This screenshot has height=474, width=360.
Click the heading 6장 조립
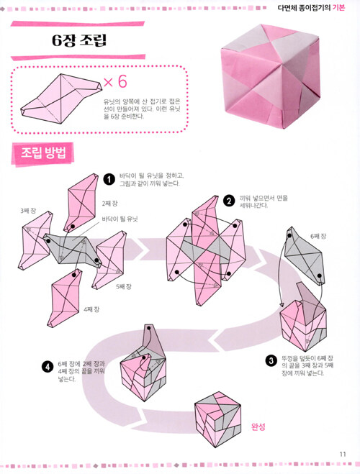pyautogui.click(x=79, y=40)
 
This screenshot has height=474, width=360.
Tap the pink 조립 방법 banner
pyautogui.click(x=42, y=154)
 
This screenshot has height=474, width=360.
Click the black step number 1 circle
pyautogui.click(x=109, y=180)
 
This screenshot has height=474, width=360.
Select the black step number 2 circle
pyautogui.click(x=229, y=201)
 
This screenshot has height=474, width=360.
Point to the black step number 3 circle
pyautogui.click(x=271, y=360)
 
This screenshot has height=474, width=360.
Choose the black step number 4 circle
pyautogui.click(x=48, y=367)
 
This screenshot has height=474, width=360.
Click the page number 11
pyautogui.click(x=343, y=455)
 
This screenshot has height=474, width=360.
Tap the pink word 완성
pyautogui.click(x=258, y=427)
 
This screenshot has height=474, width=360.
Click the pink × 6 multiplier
pyautogui.click(x=115, y=81)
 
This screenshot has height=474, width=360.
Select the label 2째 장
pyautogui.click(x=109, y=204)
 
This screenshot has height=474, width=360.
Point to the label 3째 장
pyautogui.click(x=28, y=211)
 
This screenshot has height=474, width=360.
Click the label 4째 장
pyautogui.click(x=91, y=309)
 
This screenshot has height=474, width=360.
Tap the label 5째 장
pyautogui.click(x=124, y=286)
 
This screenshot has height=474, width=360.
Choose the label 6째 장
pyautogui.click(x=318, y=236)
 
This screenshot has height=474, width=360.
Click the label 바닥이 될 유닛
pyautogui.click(x=120, y=219)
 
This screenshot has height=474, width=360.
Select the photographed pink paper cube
pyautogui.click(x=270, y=76)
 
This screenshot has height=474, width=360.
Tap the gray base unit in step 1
pyautogui.click(x=73, y=250)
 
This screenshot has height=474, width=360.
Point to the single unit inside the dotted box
pyautogui.click(x=61, y=99)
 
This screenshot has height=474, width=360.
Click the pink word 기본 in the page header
pyautogui.click(x=338, y=7)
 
